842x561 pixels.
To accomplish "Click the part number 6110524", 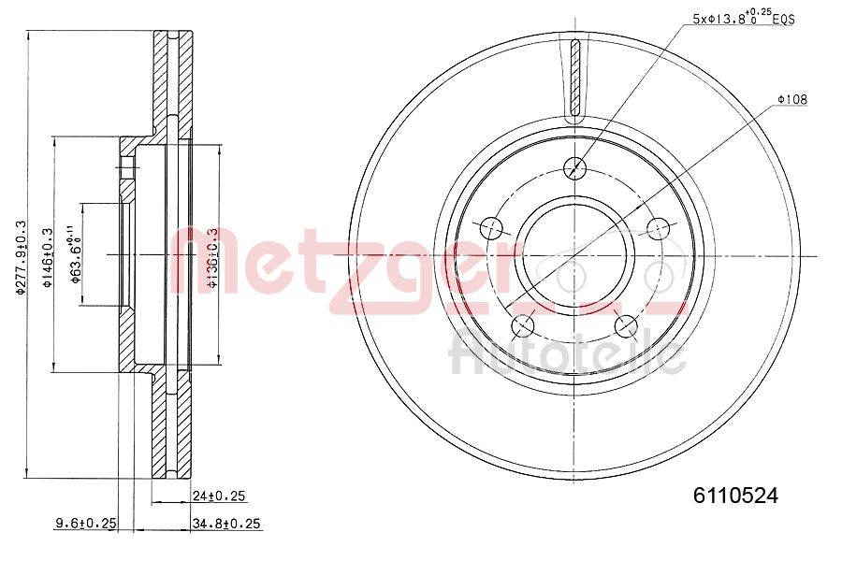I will (x=734, y=496).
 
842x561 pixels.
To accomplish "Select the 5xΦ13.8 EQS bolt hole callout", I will (x=743, y=18).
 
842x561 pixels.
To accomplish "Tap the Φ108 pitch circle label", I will (x=791, y=99).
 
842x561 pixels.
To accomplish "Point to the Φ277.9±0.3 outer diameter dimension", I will (x=21, y=257).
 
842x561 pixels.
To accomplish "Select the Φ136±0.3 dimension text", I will (x=212, y=257).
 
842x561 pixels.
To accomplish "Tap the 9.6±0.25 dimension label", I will (x=84, y=524).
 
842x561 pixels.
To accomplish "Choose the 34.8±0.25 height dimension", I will (x=225, y=524).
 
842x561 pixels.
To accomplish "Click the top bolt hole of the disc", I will (x=576, y=167).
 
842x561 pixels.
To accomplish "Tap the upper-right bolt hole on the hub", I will (x=661, y=228).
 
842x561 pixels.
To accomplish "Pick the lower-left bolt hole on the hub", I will (x=524, y=326).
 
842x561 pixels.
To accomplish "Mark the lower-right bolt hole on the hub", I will (x=628, y=326).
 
